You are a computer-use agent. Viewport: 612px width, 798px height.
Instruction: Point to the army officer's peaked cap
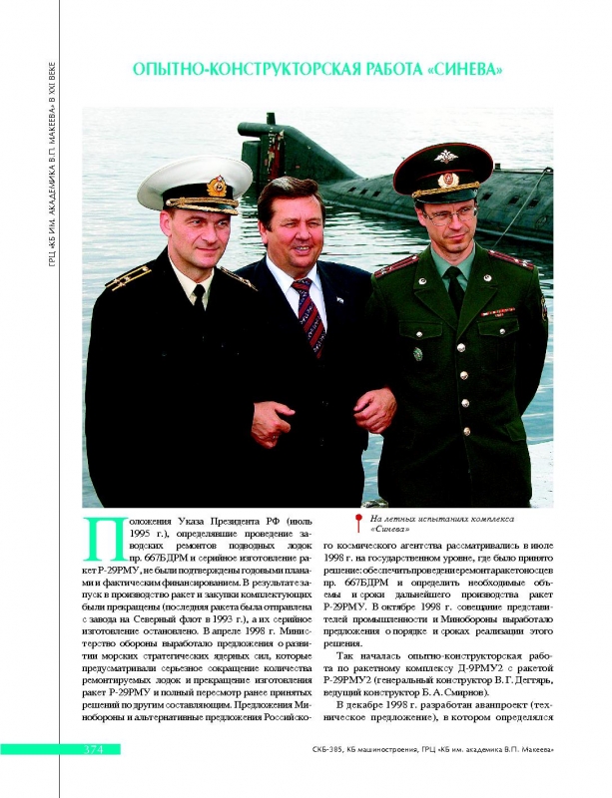point(442,171)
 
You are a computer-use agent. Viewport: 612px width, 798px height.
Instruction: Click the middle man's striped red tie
point(309,315)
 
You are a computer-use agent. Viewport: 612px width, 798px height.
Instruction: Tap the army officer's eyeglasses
point(446,213)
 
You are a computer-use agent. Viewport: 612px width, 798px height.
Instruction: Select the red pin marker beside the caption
point(356,522)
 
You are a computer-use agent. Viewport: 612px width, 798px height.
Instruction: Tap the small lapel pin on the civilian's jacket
point(341,298)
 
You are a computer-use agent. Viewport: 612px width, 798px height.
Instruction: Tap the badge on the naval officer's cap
point(217,186)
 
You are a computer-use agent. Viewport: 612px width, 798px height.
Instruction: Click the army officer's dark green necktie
point(455,289)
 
